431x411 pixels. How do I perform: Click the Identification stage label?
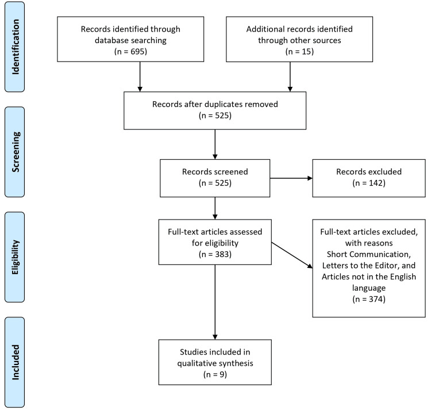15,47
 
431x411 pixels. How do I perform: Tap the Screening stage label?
15,152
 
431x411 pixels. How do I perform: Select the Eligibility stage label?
15,257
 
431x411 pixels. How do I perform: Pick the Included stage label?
15,362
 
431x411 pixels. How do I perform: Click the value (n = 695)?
130,51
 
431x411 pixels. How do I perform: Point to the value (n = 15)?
299,51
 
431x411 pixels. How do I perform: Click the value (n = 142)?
369,183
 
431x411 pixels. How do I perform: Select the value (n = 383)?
215,254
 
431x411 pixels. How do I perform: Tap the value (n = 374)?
369,299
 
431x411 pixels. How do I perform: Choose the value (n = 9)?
215,375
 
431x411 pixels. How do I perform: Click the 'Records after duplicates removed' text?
215,104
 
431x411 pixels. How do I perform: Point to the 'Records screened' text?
215,172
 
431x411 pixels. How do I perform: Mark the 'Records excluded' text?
369,172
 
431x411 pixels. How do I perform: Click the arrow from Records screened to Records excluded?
291,178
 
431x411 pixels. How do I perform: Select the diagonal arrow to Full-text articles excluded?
292,255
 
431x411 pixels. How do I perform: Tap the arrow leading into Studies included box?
215,302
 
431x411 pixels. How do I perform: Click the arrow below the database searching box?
140,76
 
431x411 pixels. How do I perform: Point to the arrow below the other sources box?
290,76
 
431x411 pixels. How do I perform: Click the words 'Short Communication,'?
368,254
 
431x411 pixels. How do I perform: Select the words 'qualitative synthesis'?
215,363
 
